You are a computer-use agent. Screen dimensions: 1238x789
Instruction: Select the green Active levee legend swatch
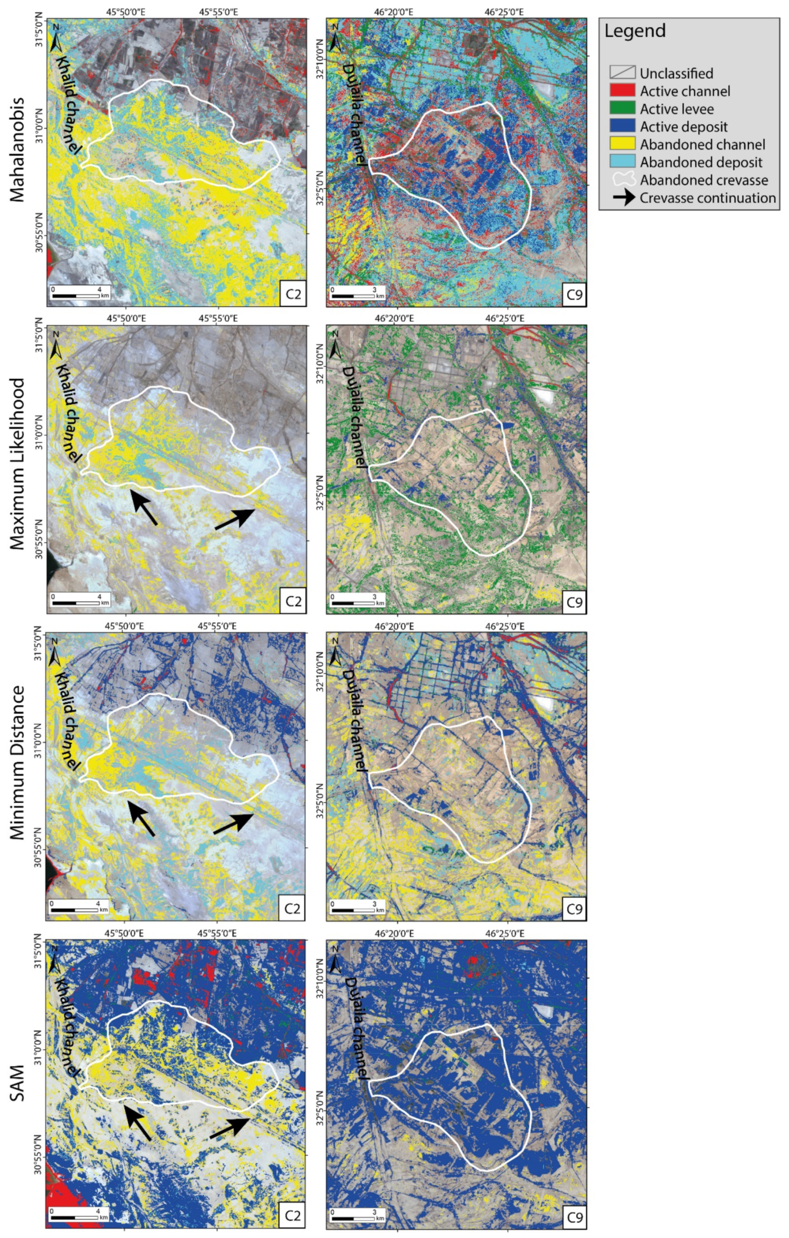click(x=622, y=109)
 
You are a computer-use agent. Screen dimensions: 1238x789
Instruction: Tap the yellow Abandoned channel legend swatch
click(x=622, y=144)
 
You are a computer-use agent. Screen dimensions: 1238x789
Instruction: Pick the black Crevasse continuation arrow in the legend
click(x=623, y=198)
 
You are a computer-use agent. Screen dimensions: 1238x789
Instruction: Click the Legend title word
click(x=635, y=31)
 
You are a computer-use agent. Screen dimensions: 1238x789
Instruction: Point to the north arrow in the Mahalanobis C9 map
click(x=335, y=37)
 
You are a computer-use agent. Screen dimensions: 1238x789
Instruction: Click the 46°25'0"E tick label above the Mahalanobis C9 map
click(x=504, y=11)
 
